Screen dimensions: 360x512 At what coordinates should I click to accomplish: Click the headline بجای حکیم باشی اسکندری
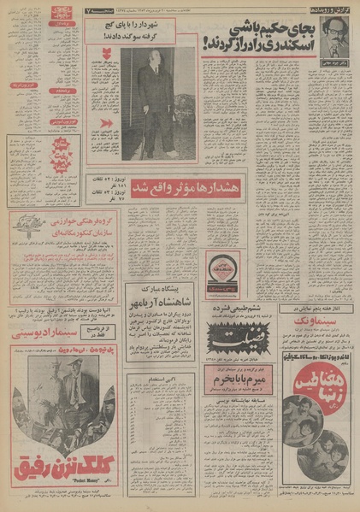pyautogui.click(x=272, y=38)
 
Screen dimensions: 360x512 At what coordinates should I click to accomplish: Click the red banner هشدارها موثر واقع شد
pyautogui.click(x=182, y=185)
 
